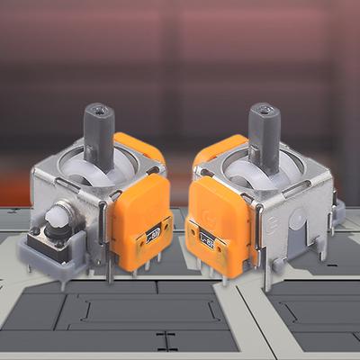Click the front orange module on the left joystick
pyautogui.click(x=139, y=220)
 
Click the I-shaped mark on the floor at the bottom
pyautogui.click(x=165, y=341)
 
